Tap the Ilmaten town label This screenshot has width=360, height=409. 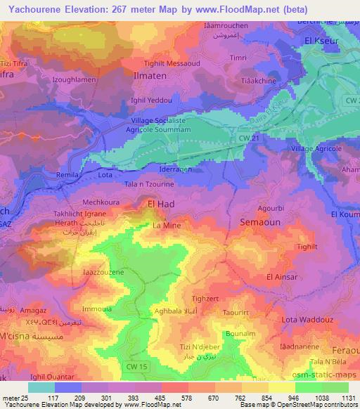[x=149, y=72]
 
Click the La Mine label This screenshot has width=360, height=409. [x=167, y=226]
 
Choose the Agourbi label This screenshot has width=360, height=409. [x=271, y=209]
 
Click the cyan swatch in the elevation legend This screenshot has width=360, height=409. [x=41, y=387]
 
